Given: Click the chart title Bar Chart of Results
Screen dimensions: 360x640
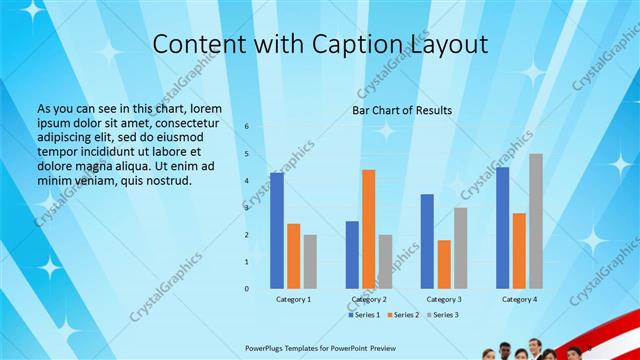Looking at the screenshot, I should pos(401,110).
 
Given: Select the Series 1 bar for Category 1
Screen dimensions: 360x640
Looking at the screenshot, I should pos(277,230).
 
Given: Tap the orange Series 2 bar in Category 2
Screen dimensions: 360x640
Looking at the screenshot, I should pos(369,229).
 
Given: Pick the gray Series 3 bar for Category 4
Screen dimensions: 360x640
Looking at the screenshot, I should pos(536,221).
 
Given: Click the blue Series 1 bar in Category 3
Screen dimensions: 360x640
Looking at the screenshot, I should pos(427,241).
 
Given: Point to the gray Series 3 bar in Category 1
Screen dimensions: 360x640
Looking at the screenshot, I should pos(310,261).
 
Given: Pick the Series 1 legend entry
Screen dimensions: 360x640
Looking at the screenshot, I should pos(366,315).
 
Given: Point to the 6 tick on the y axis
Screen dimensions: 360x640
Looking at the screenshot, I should pos(247,127).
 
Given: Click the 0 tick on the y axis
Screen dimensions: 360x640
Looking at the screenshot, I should pos(247,288).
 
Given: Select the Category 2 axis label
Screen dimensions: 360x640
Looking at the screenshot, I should pos(369,299).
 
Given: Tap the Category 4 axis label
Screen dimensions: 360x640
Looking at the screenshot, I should pos(519,299).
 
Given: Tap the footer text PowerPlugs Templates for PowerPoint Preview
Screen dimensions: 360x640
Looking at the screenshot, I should pos(320,349).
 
